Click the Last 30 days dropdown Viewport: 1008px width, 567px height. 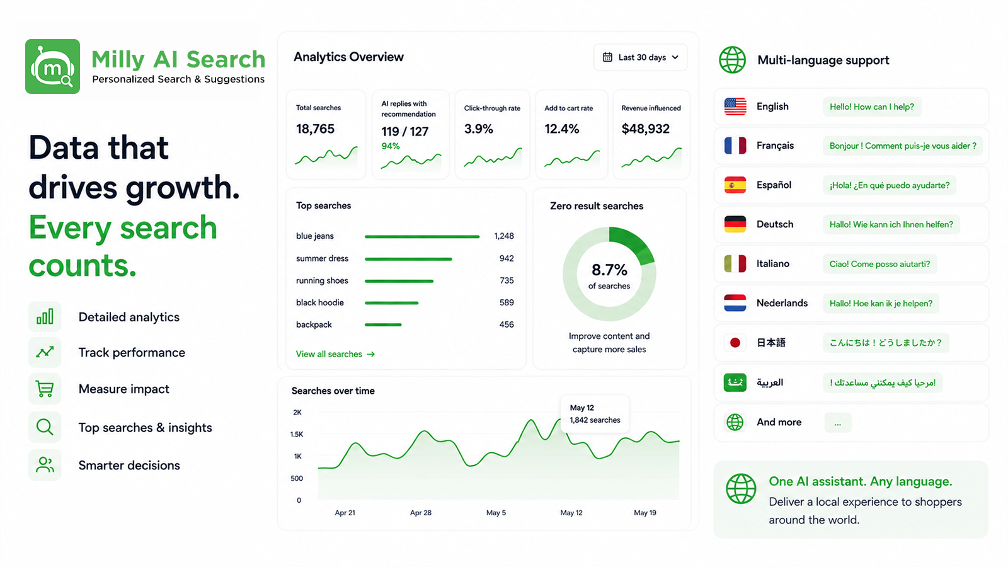click(x=640, y=57)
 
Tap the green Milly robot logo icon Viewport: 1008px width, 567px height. click(x=53, y=67)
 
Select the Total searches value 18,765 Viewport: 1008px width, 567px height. click(x=315, y=129)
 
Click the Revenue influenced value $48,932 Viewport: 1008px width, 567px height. click(x=645, y=129)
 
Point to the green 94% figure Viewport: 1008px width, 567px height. click(x=391, y=146)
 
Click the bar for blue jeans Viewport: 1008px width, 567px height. click(x=422, y=236)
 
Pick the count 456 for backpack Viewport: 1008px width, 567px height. click(x=507, y=324)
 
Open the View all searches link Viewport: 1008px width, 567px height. click(x=335, y=354)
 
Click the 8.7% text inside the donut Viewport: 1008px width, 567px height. click(x=609, y=270)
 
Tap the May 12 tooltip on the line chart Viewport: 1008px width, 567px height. click(x=595, y=414)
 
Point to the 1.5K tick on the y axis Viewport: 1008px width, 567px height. click(x=297, y=434)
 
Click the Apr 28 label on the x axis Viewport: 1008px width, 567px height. click(x=421, y=513)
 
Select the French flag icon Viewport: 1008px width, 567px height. click(x=735, y=146)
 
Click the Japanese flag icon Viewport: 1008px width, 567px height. click(x=735, y=343)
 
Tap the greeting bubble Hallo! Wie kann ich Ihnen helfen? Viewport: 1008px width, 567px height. click(x=891, y=224)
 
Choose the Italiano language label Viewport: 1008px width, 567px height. click(x=772, y=264)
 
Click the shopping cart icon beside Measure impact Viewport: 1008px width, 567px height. click(x=45, y=389)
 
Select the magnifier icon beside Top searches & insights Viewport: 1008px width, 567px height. click(x=45, y=427)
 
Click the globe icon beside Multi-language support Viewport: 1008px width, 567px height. click(x=732, y=60)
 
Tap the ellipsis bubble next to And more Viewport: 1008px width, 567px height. click(x=837, y=423)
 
